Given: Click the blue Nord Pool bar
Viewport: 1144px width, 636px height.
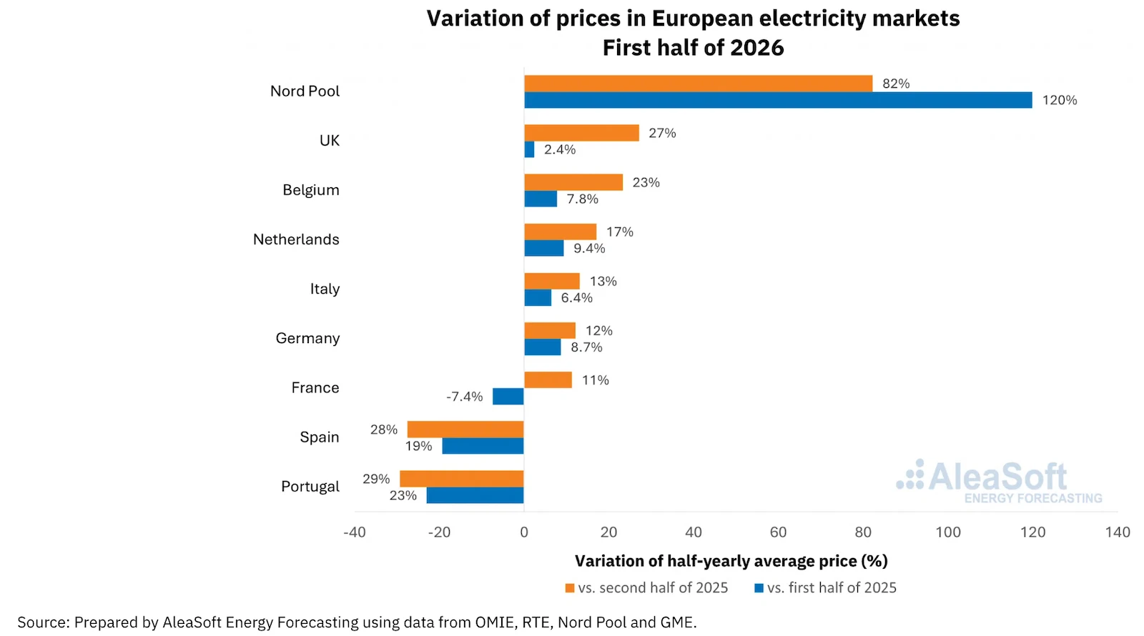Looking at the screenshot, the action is point(778,100).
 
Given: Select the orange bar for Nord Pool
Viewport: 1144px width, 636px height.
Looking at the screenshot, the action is point(698,84).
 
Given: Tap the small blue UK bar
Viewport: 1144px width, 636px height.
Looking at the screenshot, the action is point(529,149).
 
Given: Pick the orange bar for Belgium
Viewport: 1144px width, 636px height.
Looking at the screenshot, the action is point(573,182).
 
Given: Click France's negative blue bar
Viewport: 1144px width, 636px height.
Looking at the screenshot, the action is point(508,397).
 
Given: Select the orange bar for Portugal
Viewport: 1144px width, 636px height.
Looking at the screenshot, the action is point(462,479).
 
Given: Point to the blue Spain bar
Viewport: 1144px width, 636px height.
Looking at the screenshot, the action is point(483,446).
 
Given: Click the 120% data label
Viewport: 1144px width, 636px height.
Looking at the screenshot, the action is point(1059,100).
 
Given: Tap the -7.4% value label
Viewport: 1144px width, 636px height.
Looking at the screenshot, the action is point(464,397).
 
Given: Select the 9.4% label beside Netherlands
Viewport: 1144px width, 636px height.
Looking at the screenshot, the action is point(589,249).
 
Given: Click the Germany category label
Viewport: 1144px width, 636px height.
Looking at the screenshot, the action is point(307,339).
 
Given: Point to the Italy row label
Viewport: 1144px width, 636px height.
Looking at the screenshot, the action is point(325,289).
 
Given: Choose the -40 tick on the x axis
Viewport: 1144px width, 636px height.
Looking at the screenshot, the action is point(355,532).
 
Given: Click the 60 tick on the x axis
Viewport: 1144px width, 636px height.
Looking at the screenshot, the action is point(778,532).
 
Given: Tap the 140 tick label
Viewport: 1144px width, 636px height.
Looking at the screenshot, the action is point(1118,532).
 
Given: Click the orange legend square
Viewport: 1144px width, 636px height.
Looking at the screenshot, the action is point(569,589).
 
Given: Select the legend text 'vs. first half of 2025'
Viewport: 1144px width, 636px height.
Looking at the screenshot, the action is point(832,588).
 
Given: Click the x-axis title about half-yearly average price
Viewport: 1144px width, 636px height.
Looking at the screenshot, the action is point(731,562).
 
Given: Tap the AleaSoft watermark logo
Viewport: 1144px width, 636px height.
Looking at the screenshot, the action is point(998,482).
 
